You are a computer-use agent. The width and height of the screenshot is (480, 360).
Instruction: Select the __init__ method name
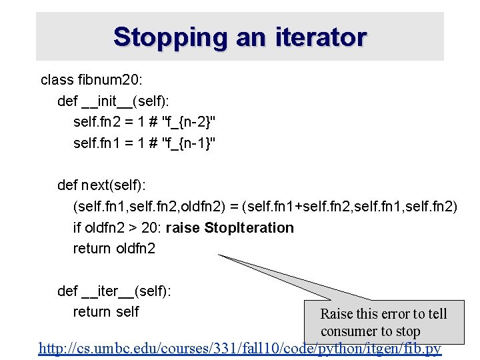(x=107, y=101)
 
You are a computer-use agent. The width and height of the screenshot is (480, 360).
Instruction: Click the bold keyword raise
(x=183, y=228)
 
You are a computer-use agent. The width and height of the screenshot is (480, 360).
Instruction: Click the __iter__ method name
(x=107, y=291)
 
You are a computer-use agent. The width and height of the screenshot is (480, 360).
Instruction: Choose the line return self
(x=106, y=311)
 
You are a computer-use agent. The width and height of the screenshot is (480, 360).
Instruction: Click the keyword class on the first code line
(x=57, y=80)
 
